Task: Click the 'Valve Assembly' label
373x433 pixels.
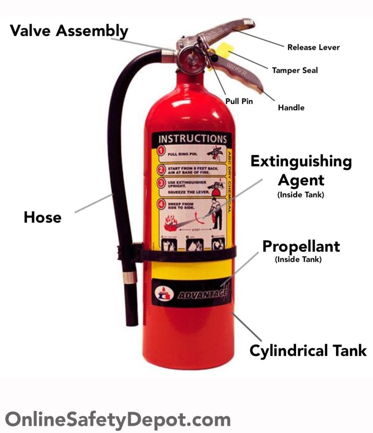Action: click(x=68, y=31)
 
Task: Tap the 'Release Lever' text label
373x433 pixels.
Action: click(x=313, y=47)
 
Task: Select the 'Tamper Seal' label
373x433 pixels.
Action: click(x=295, y=70)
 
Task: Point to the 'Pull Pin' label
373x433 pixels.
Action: click(x=239, y=101)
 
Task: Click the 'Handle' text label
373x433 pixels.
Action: click(x=291, y=108)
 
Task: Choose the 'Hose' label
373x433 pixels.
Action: click(x=42, y=217)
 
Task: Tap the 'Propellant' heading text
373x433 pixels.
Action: click(x=301, y=246)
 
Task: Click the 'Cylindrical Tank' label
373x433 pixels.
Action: click(x=308, y=351)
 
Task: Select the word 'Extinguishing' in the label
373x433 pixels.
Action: click(x=301, y=162)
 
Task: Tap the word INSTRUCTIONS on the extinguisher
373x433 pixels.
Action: click(x=192, y=139)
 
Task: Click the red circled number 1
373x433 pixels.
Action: click(x=161, y=151)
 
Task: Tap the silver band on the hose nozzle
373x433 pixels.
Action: click(x=131, y=277)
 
